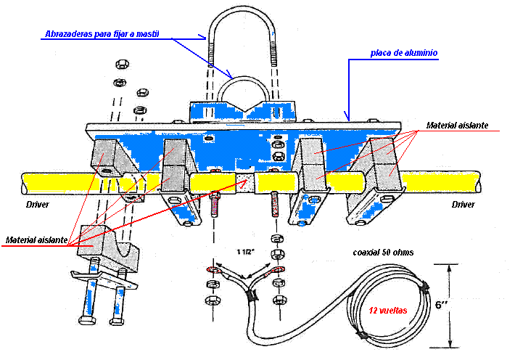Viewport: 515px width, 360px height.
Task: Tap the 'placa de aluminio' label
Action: [x=403, y=53]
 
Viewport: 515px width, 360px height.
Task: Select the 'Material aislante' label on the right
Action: [x=456, y=126]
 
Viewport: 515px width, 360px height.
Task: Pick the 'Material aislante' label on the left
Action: [x=38, y=239]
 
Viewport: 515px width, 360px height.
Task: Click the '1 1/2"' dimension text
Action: [x=244, y=252]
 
